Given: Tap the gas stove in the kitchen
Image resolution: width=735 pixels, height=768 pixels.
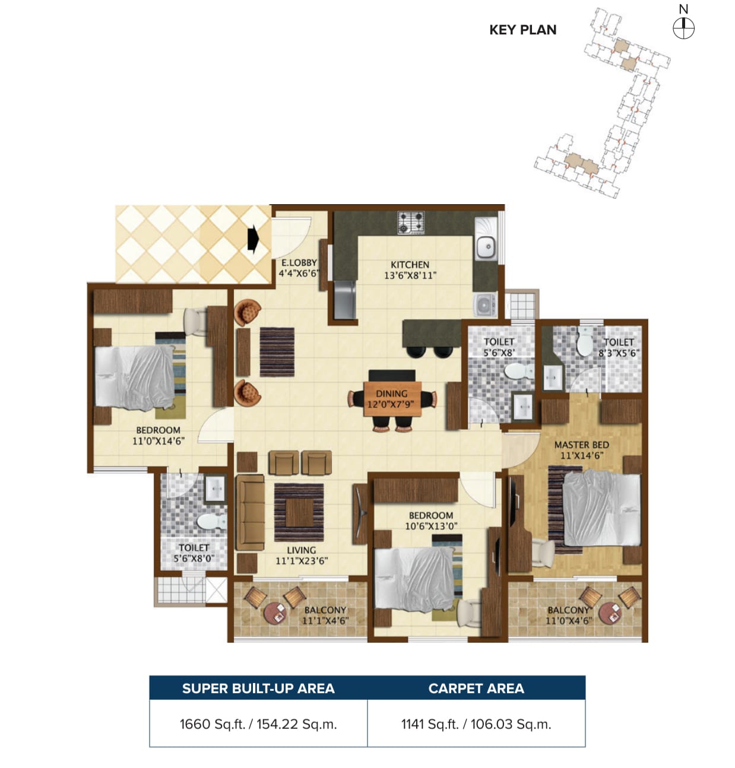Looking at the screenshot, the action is [x=411, y=223].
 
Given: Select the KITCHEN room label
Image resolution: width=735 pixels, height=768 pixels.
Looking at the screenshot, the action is [x=410, y=265].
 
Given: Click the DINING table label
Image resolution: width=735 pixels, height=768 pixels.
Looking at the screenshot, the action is [x=391, y=394].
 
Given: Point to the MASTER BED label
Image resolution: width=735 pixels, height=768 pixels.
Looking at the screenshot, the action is [x=581, y=445].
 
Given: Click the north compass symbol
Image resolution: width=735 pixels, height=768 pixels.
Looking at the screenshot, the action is [x=683, y=28].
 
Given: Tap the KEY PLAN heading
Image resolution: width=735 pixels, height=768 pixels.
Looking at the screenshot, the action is [x=522, y=30].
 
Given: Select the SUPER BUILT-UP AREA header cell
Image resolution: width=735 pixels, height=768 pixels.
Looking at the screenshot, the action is [x=258, y=688].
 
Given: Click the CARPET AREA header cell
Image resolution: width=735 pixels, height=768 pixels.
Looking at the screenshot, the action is [x=477, y=688].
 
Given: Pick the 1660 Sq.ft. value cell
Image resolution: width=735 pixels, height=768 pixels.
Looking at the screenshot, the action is [x=258, y=724].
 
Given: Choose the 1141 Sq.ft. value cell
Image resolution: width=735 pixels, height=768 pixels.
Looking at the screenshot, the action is [x=477, y=724].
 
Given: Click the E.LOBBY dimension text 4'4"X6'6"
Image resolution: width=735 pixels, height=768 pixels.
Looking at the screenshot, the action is [x=299, y=273].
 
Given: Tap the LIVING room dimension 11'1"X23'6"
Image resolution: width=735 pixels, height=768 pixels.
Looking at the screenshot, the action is [x=302, y=561].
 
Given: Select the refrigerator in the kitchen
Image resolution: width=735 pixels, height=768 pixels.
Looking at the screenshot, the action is [x=344, y=300].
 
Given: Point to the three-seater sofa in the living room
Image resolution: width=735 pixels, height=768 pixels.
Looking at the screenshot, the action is [x=250, y=513].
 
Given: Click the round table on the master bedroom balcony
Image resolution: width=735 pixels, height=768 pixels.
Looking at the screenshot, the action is [x=610, y=614].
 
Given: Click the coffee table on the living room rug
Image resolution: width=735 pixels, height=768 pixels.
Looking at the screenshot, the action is [x=299, y=513].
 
